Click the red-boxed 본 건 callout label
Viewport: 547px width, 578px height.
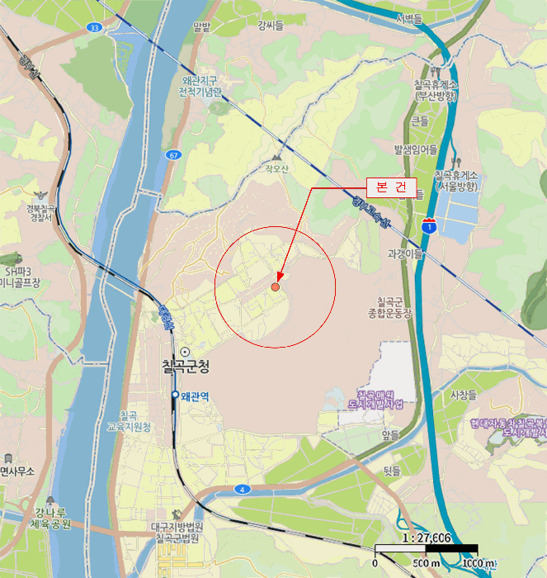tap(390, 187)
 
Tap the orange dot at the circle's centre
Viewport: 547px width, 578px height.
tap(275, 287)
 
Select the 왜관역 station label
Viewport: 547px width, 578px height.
tap(195, 396)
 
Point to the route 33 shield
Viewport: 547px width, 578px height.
tap(94, 27)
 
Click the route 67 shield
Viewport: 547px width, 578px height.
tap(172, 154)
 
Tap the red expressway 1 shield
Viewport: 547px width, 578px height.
tap(429, 224)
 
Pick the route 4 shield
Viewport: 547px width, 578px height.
tap(243, 489)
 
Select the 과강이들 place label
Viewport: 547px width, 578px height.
tap(406, 253)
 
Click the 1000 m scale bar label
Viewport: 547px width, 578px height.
tap(479, 563)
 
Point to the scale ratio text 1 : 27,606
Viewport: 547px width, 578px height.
tap(426, 538)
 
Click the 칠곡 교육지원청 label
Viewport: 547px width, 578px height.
tap(134, 421)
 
